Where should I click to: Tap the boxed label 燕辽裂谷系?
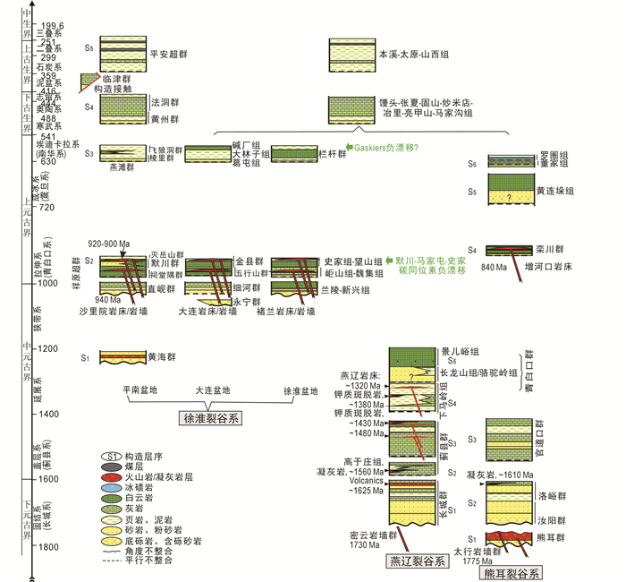(416, 561)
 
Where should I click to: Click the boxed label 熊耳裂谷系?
(511, 572)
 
